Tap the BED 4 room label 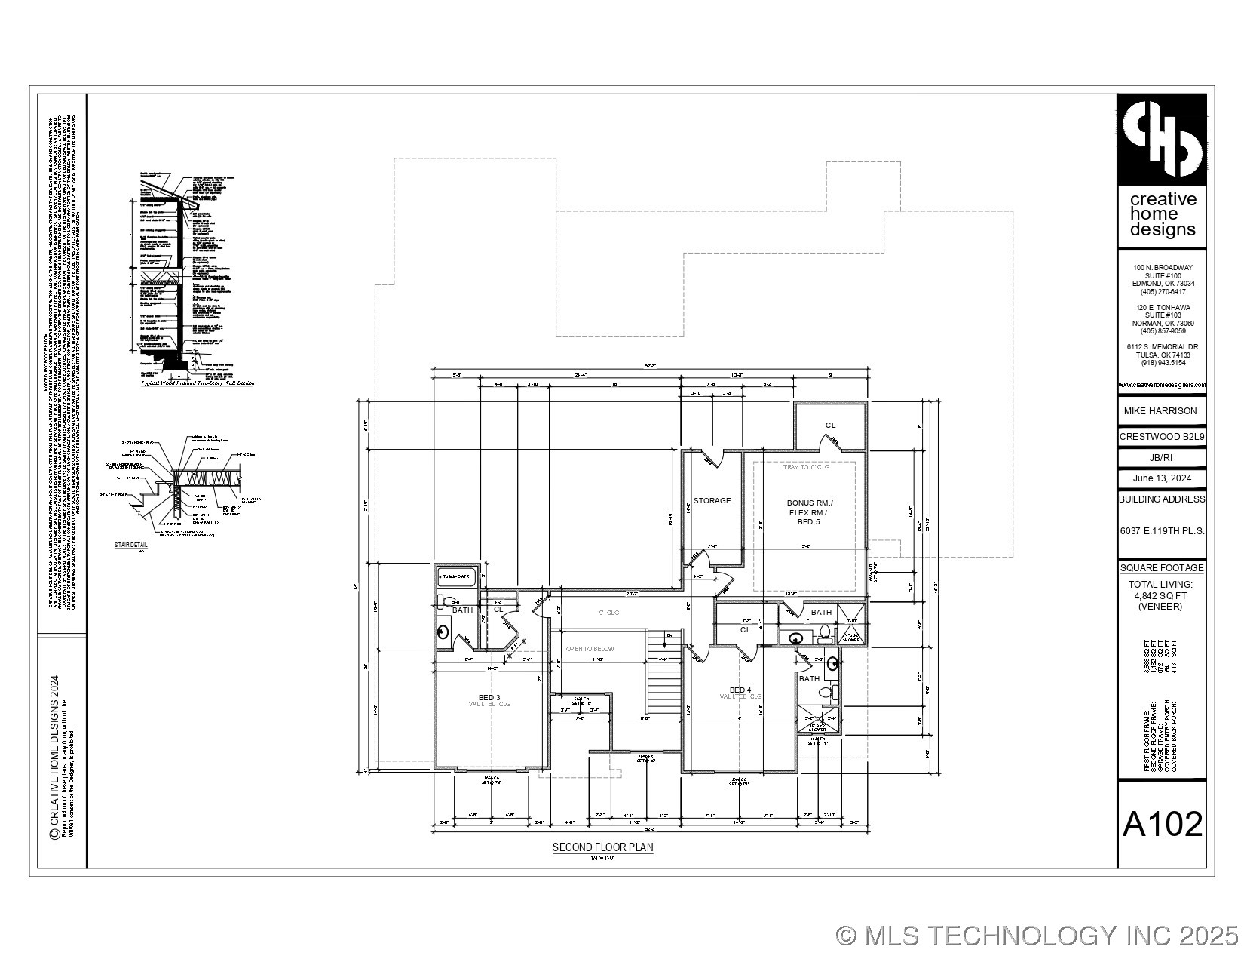point(740,690)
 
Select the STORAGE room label point(712,500)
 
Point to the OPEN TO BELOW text point(590,649)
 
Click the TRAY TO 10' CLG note point(805,468)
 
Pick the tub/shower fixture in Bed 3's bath point(457,576)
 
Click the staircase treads point(664,679)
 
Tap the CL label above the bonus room point(830,426)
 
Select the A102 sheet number point(1162,825)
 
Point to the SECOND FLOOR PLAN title point(602,847)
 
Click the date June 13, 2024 point(1162,478)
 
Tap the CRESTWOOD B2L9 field point(1162,437)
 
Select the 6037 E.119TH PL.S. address point(1162,531)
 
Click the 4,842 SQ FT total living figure point(1160,595)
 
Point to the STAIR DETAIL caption point(130,544)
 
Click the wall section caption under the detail point(198,383)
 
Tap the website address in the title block point(1162,386)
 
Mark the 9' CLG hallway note point(608,613)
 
